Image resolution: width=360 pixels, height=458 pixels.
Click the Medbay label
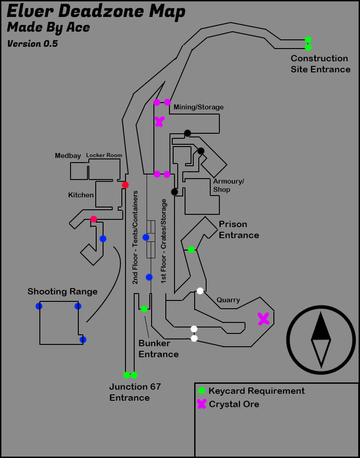68,156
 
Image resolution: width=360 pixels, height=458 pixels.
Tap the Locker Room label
104,155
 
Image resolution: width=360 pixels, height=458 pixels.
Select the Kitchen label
81,195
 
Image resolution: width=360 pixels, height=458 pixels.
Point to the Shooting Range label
62,292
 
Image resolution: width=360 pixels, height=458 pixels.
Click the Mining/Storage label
198,107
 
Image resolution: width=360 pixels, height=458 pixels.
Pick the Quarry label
228,300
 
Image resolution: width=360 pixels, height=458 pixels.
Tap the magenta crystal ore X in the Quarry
263,319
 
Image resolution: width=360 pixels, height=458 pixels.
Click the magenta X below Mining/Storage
159,121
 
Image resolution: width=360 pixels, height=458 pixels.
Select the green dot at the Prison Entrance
191,250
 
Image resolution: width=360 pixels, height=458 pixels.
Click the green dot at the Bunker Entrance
144,309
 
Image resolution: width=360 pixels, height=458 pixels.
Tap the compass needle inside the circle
321,339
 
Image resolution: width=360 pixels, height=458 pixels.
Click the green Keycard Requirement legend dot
202,391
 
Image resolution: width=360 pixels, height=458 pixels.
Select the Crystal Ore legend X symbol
202,404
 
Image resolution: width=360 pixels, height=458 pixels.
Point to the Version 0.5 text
32,44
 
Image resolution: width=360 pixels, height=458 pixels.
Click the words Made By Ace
49,27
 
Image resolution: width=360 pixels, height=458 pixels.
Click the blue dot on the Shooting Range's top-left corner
39,306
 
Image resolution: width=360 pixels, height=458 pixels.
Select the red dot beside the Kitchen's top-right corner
125,185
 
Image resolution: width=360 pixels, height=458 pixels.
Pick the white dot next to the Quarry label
200,291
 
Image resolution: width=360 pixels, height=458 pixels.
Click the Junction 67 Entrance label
135,392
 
